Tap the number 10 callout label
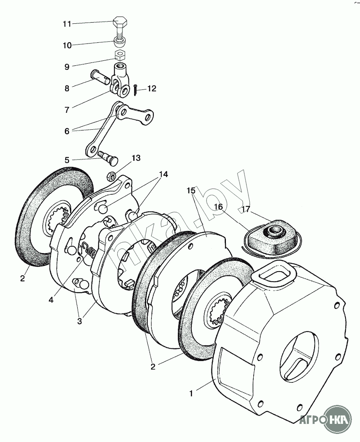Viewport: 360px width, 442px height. coord(67,46)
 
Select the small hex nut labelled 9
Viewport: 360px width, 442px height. coord(119,55)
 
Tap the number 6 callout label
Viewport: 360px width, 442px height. coord(67,131)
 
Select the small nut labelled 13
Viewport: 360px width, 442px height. coord(111,176)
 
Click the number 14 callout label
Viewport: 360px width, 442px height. coord(163,174)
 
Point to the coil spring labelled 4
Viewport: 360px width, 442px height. coord(91,252)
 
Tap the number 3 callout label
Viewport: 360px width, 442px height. coord(79,321)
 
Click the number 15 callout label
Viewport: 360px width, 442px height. coord(190,190)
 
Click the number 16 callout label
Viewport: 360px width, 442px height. coord(218,207)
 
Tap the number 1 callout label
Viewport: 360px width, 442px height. coord(191,393)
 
